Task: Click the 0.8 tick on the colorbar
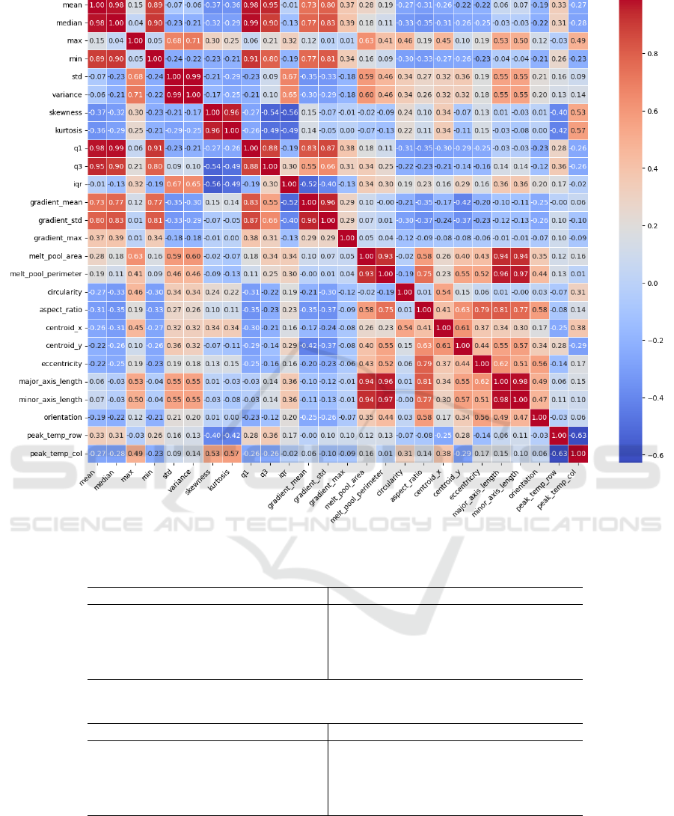point(632,54)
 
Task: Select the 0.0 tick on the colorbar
point(632,283)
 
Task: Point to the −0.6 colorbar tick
point(632,455)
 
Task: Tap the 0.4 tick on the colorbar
point(632,168)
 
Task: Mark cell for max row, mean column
point(96,41)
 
